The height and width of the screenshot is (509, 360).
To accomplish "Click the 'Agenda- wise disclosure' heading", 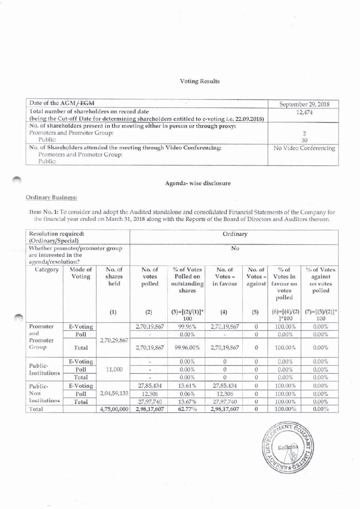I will pos(198,183).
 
